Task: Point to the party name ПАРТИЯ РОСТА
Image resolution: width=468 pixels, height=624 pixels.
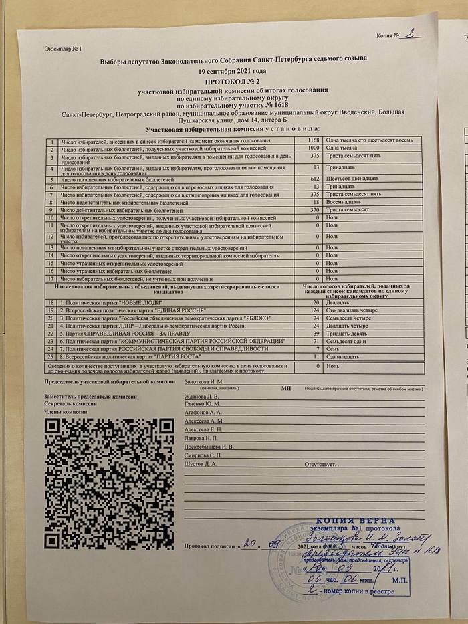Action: pos(167,356)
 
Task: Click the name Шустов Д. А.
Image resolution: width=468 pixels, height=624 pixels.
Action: pos(199,463)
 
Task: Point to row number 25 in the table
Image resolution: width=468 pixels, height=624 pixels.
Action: pos(51,356)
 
